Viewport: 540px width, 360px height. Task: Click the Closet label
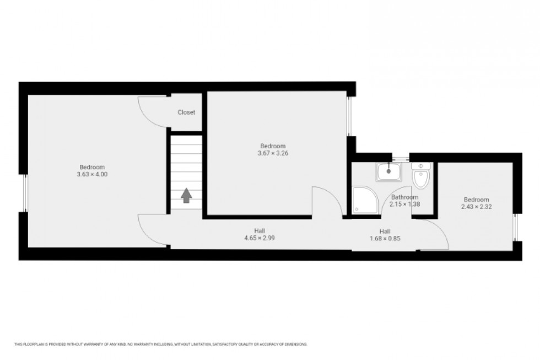(186, 112)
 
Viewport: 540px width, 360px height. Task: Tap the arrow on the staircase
(186, 195)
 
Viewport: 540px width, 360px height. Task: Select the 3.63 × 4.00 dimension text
(92, 175)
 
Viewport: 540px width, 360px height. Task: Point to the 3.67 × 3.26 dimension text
(273, 153)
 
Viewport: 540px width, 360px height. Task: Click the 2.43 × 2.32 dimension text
(476, 207)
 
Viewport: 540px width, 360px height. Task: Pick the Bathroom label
(404, 197)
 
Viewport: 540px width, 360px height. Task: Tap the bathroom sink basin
(389, 172)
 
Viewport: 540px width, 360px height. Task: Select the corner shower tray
(364, 201)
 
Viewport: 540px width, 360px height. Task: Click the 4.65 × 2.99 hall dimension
(260, 238)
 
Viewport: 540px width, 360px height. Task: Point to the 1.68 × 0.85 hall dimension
(385, 239)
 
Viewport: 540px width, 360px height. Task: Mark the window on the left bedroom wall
(24, 192)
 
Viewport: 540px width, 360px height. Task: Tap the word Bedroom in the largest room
(92, 168)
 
